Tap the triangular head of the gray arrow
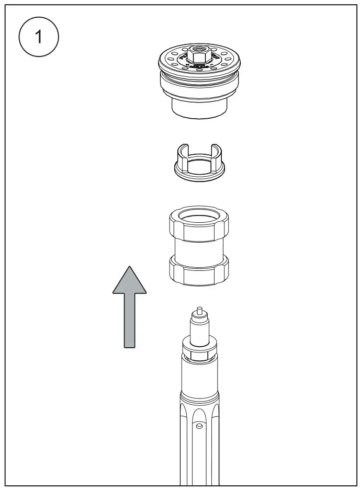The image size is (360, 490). tap(130, 280)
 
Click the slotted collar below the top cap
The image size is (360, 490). tap(199, 163)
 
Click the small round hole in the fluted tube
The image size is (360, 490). tap(199, 426)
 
